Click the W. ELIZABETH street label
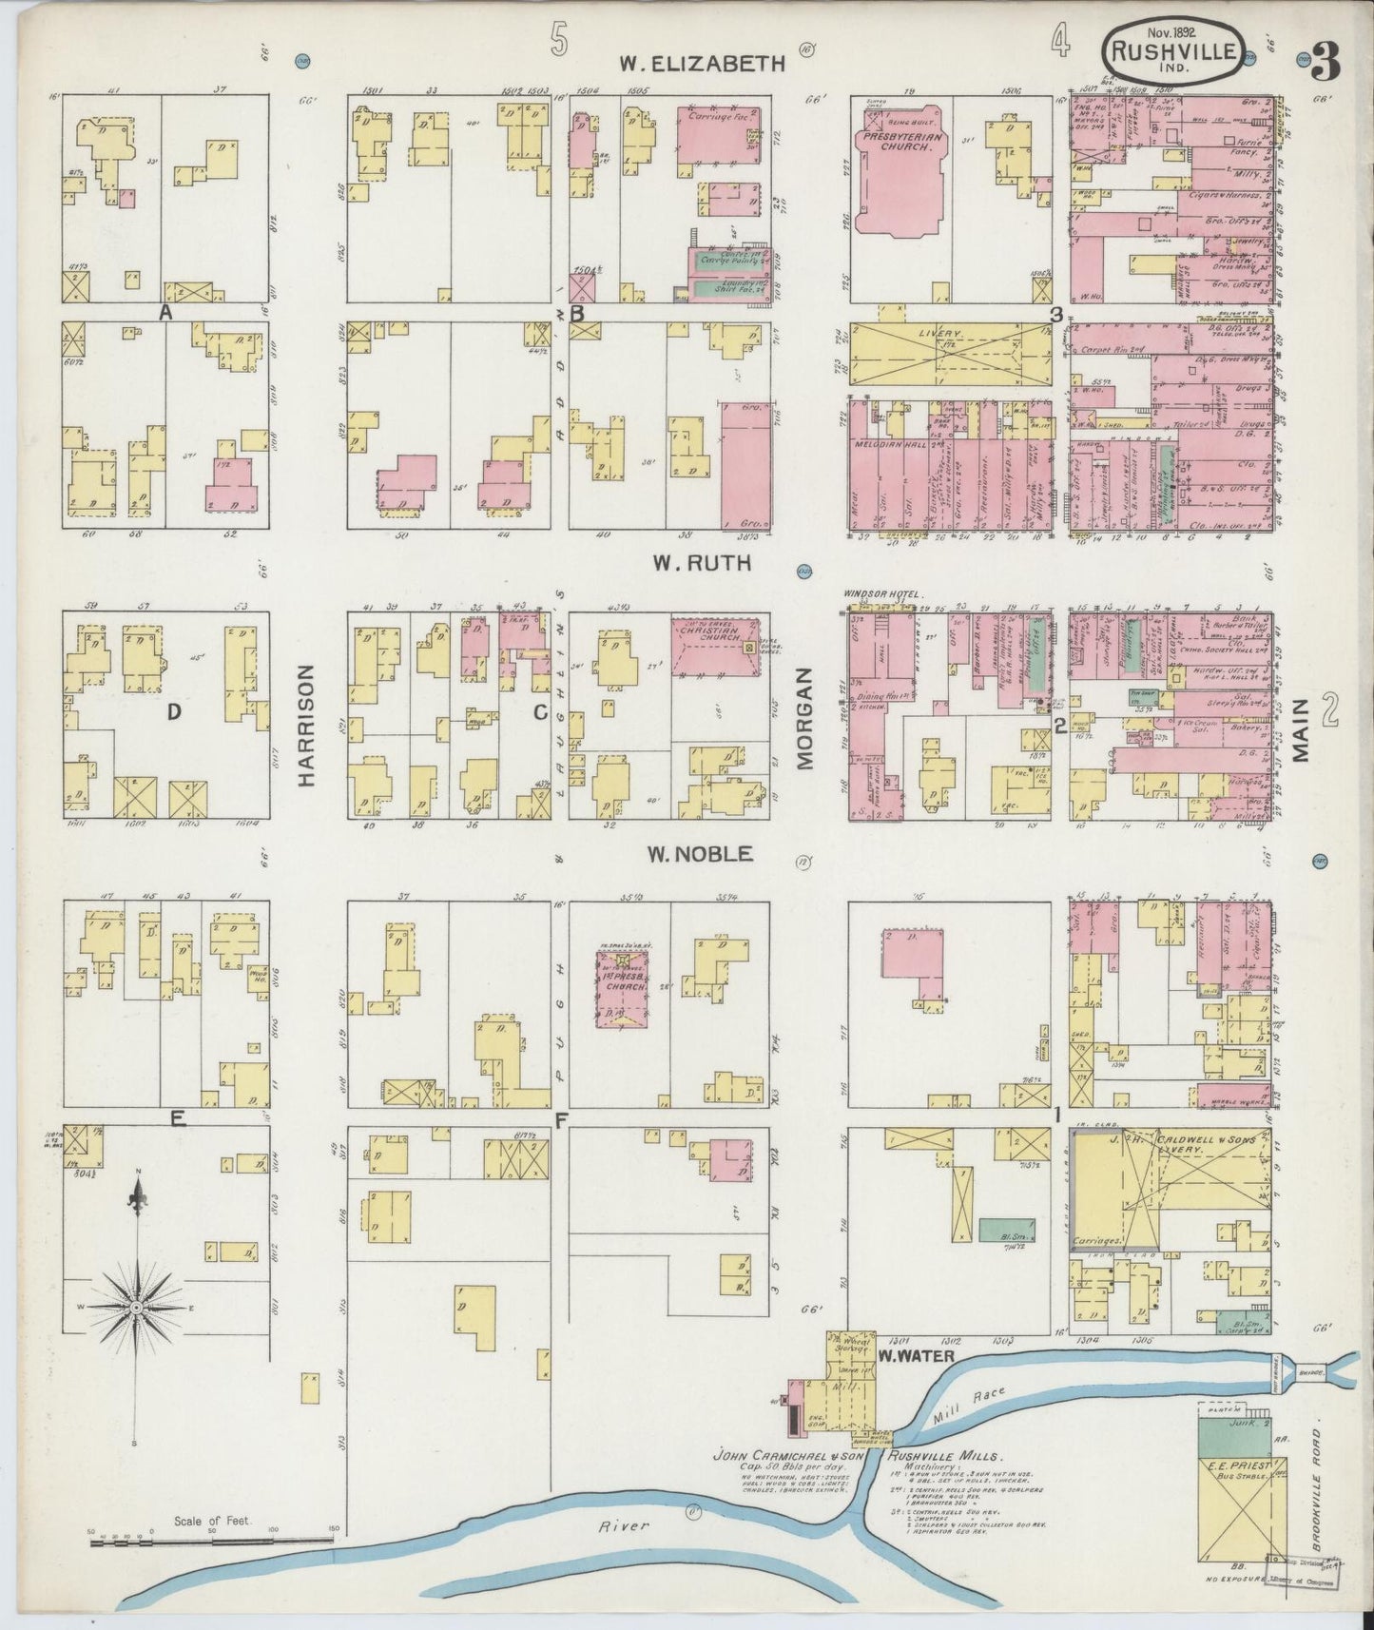click(x=702, y=64)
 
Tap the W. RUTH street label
click(x=701, y=563)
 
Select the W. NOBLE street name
click(x=701, y=855)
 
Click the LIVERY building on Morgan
click(x=950, y=353)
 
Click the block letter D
click(x=173, y=710)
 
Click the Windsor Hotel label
click(x=882, y=595)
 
